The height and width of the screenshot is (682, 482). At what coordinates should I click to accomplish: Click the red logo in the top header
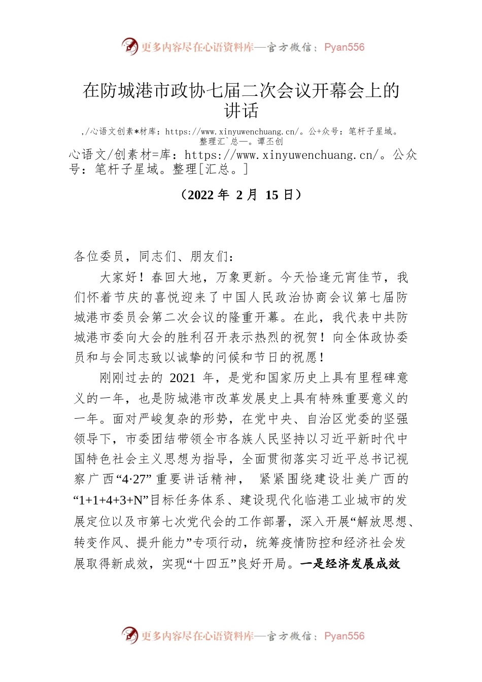pyautogui.click(x=130, y=47)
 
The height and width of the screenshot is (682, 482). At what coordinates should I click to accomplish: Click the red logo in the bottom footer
pyautogui.click(x=130, y=635)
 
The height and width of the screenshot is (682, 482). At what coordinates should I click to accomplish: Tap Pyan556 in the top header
pyautogui.click(x=344, y=47)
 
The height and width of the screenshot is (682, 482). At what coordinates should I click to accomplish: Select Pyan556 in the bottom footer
pyautogui.click(x=344, y=636)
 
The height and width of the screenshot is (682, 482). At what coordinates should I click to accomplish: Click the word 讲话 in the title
pyautogui.click(x=242, y=111)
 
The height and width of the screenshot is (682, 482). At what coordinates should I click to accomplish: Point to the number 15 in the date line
pyautogui.click(x=272, y=195)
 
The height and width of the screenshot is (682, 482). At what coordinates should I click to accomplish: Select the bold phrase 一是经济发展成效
pyautogui.click(x=350, y=564)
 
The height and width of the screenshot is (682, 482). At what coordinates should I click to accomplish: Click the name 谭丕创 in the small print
pyautogui.click(x=270, y=141)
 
